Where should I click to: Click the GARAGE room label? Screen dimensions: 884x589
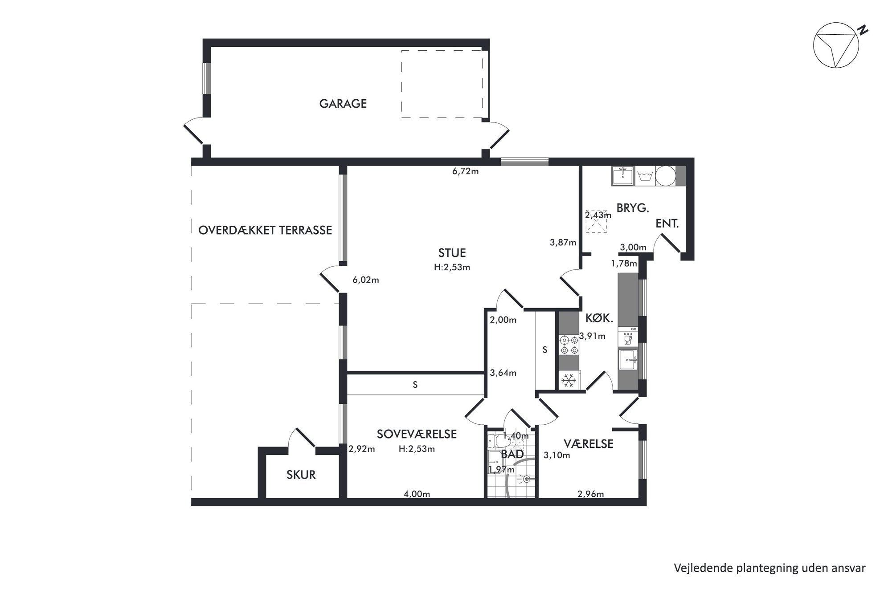tap(343, 104)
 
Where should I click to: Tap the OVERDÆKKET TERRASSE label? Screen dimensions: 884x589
tap(265, 230)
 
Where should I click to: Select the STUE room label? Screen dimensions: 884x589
tap(452, 253)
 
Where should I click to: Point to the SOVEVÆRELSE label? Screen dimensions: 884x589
tap(417, 434)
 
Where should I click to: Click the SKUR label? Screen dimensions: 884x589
tap(301, 475)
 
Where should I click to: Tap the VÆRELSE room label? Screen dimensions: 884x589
tap(589, 444)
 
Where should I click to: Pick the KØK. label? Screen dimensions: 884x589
tap(599, 318)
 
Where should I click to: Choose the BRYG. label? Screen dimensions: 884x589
tap(633, 207)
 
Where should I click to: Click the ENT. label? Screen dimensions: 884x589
tap(667, 223)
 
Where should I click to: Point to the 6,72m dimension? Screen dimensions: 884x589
tap(465, 171)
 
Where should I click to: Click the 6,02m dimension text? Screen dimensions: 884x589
tap(365, 280)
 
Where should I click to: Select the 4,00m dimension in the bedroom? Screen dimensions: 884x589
tap(417, 494)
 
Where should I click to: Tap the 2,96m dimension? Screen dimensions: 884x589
tap(590, 494)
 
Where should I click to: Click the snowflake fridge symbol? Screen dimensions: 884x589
tap(569, 380)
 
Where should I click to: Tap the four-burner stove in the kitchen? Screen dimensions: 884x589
tap(569, 345)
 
